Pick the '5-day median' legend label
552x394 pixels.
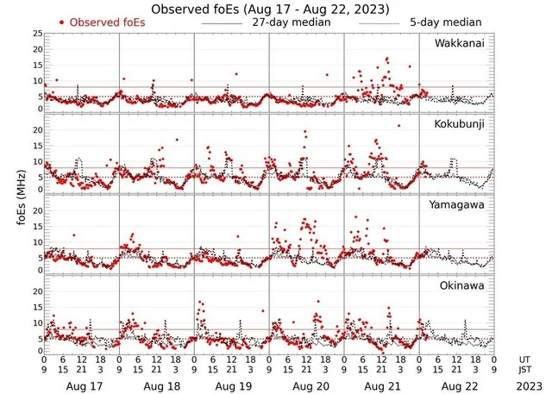[x=445, y=22]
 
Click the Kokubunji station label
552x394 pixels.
[x=459, y=124]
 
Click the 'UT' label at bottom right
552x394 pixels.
[x=525, y=359]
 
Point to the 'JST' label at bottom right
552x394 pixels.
[x=525, y=370]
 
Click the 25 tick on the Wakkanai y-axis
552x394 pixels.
[x=36, y=34]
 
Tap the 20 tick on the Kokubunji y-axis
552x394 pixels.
[x=36, y=130]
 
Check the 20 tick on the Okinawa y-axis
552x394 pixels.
[x=36, y=291]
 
